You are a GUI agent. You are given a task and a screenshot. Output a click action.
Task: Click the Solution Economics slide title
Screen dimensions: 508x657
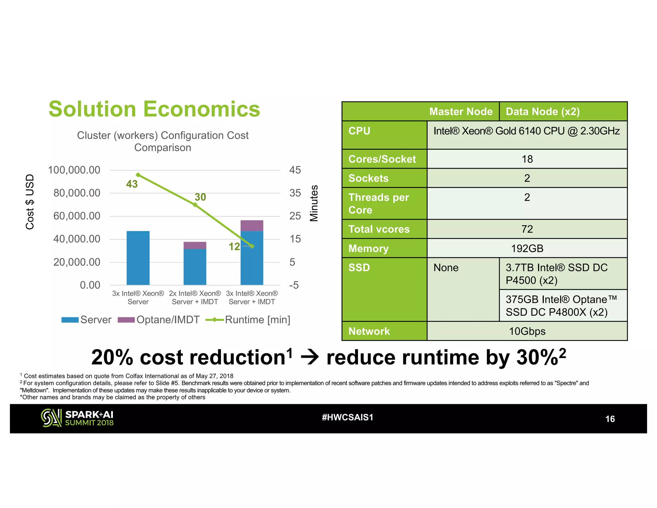[154, 109]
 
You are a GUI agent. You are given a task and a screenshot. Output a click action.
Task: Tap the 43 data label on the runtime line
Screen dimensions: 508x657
[132, 184]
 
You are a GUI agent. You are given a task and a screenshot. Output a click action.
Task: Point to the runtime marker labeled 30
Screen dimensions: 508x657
[195, 205]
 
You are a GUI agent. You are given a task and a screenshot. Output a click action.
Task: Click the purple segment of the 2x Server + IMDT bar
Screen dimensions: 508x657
[195, 245]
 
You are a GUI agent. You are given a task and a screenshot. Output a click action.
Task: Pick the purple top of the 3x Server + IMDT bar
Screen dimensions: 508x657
[252, 225]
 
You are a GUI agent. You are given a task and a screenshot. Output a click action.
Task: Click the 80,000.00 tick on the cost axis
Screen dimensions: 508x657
[77, 193]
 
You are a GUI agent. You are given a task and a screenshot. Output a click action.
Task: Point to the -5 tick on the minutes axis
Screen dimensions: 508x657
[294, 285]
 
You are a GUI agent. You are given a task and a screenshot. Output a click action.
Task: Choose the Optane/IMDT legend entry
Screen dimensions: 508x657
[159, 320]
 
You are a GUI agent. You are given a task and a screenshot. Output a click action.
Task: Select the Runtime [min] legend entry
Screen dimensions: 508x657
[248, 320]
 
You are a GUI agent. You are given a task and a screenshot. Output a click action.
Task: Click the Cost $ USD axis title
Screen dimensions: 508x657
[30, 202]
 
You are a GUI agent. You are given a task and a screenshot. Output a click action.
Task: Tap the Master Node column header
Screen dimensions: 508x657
[461, 111]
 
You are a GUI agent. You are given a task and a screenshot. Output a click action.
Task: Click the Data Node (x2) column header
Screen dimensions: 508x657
[543, 111]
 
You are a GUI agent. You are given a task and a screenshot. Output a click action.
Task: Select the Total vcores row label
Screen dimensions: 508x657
[379, 229]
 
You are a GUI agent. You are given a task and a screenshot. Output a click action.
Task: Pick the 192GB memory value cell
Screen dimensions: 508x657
[527, 248]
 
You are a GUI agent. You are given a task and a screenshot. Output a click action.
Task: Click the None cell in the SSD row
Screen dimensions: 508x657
[446, 267]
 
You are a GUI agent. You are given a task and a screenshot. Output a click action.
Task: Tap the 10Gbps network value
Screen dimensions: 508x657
[527, 331]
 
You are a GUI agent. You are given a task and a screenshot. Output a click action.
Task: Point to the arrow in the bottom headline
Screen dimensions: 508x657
[310, 357]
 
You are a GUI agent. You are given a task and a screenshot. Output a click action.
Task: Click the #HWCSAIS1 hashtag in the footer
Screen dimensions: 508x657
[347, 417]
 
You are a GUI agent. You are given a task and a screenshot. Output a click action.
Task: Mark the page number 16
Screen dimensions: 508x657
[610, 419]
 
